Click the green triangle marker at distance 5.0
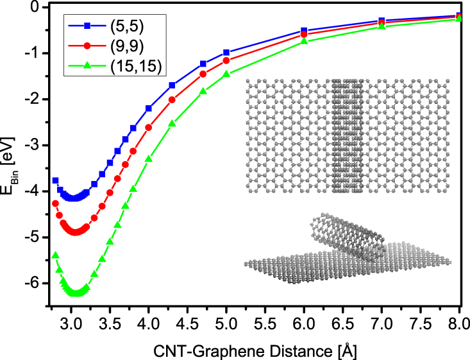(x=226, y=74)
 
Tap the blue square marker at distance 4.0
(x=149, y=108)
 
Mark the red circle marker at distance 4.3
(x=172, y=99)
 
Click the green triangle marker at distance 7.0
(x=382, y=26)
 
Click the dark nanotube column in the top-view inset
(x=346, y=136)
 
